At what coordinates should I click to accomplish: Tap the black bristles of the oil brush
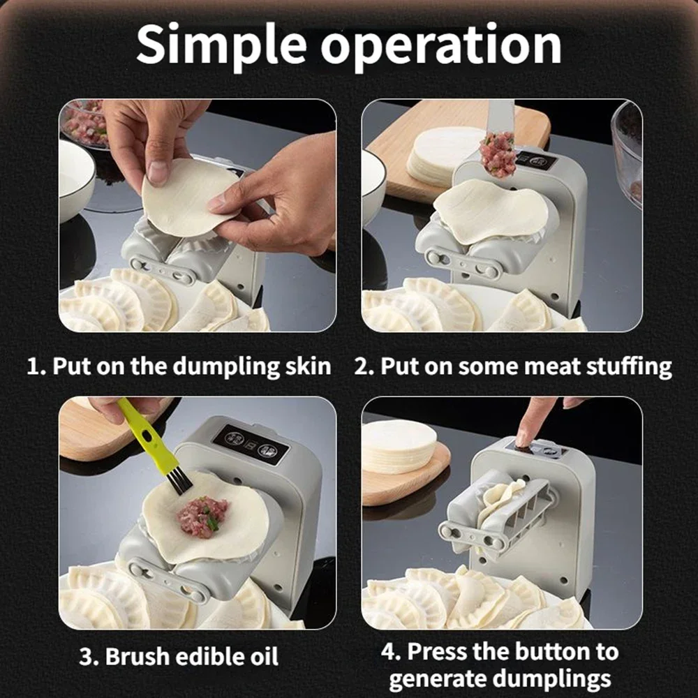178,481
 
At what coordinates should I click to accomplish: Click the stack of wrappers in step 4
399,447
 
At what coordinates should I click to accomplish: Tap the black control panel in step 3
251,443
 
